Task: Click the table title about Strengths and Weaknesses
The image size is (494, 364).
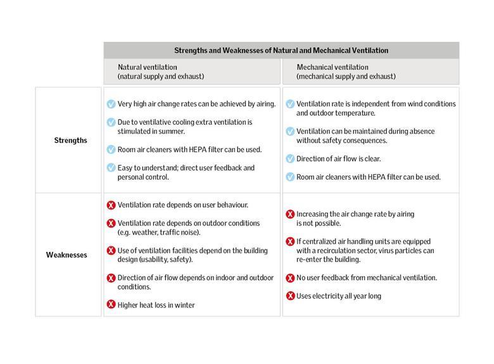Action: click(x=281, y=50)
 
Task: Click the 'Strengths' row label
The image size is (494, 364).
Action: click(x=70, y=140)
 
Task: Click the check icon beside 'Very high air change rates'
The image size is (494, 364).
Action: click(x=111, y=104)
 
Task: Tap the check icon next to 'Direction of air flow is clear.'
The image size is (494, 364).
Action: click(x=290, y=159)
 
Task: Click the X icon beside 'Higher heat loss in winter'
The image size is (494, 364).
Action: click(x=111, y=305)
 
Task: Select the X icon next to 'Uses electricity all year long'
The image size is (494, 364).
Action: click(x=290, y=296)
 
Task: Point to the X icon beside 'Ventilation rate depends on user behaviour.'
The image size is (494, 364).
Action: click(x=111, y=205)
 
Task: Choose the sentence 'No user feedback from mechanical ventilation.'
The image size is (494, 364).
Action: click(x=367, y=278)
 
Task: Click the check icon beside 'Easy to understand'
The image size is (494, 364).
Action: click(x=111, y=168)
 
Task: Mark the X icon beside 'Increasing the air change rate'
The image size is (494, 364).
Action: click(x=290, y=214)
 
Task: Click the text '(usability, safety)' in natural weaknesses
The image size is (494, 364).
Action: click(x=168, y=260)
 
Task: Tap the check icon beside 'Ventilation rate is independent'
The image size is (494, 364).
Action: click(x=290, y=104)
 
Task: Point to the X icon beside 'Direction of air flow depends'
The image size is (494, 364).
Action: click(x=111, y=278)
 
